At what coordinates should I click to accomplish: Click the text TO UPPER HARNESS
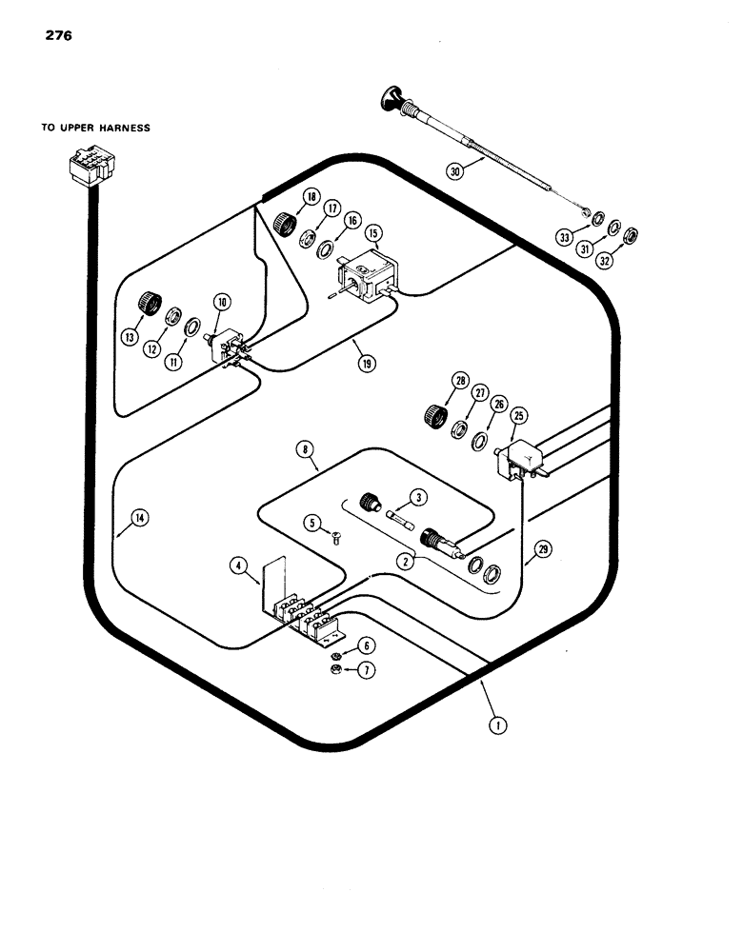(x=95, y=128)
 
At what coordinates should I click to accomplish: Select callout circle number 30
(x=457, y=172)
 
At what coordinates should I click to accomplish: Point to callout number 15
(x=372, y=233)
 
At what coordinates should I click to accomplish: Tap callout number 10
(x=221, y=303)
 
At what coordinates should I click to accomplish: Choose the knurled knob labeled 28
(x=435, y=415)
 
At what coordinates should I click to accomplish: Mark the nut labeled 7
(x=338, y=672)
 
